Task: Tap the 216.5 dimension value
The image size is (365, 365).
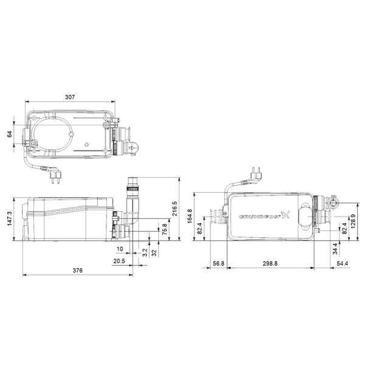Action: point(176,208)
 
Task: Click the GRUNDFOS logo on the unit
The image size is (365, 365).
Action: point(266,217)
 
